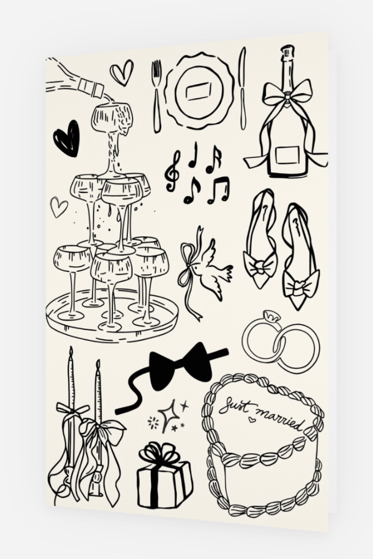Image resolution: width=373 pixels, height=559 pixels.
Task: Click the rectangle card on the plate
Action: [x=198, y=92]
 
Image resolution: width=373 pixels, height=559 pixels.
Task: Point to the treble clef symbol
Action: [x=173, y=171]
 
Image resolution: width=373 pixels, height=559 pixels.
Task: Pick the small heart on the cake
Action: [x=252, y=420]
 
